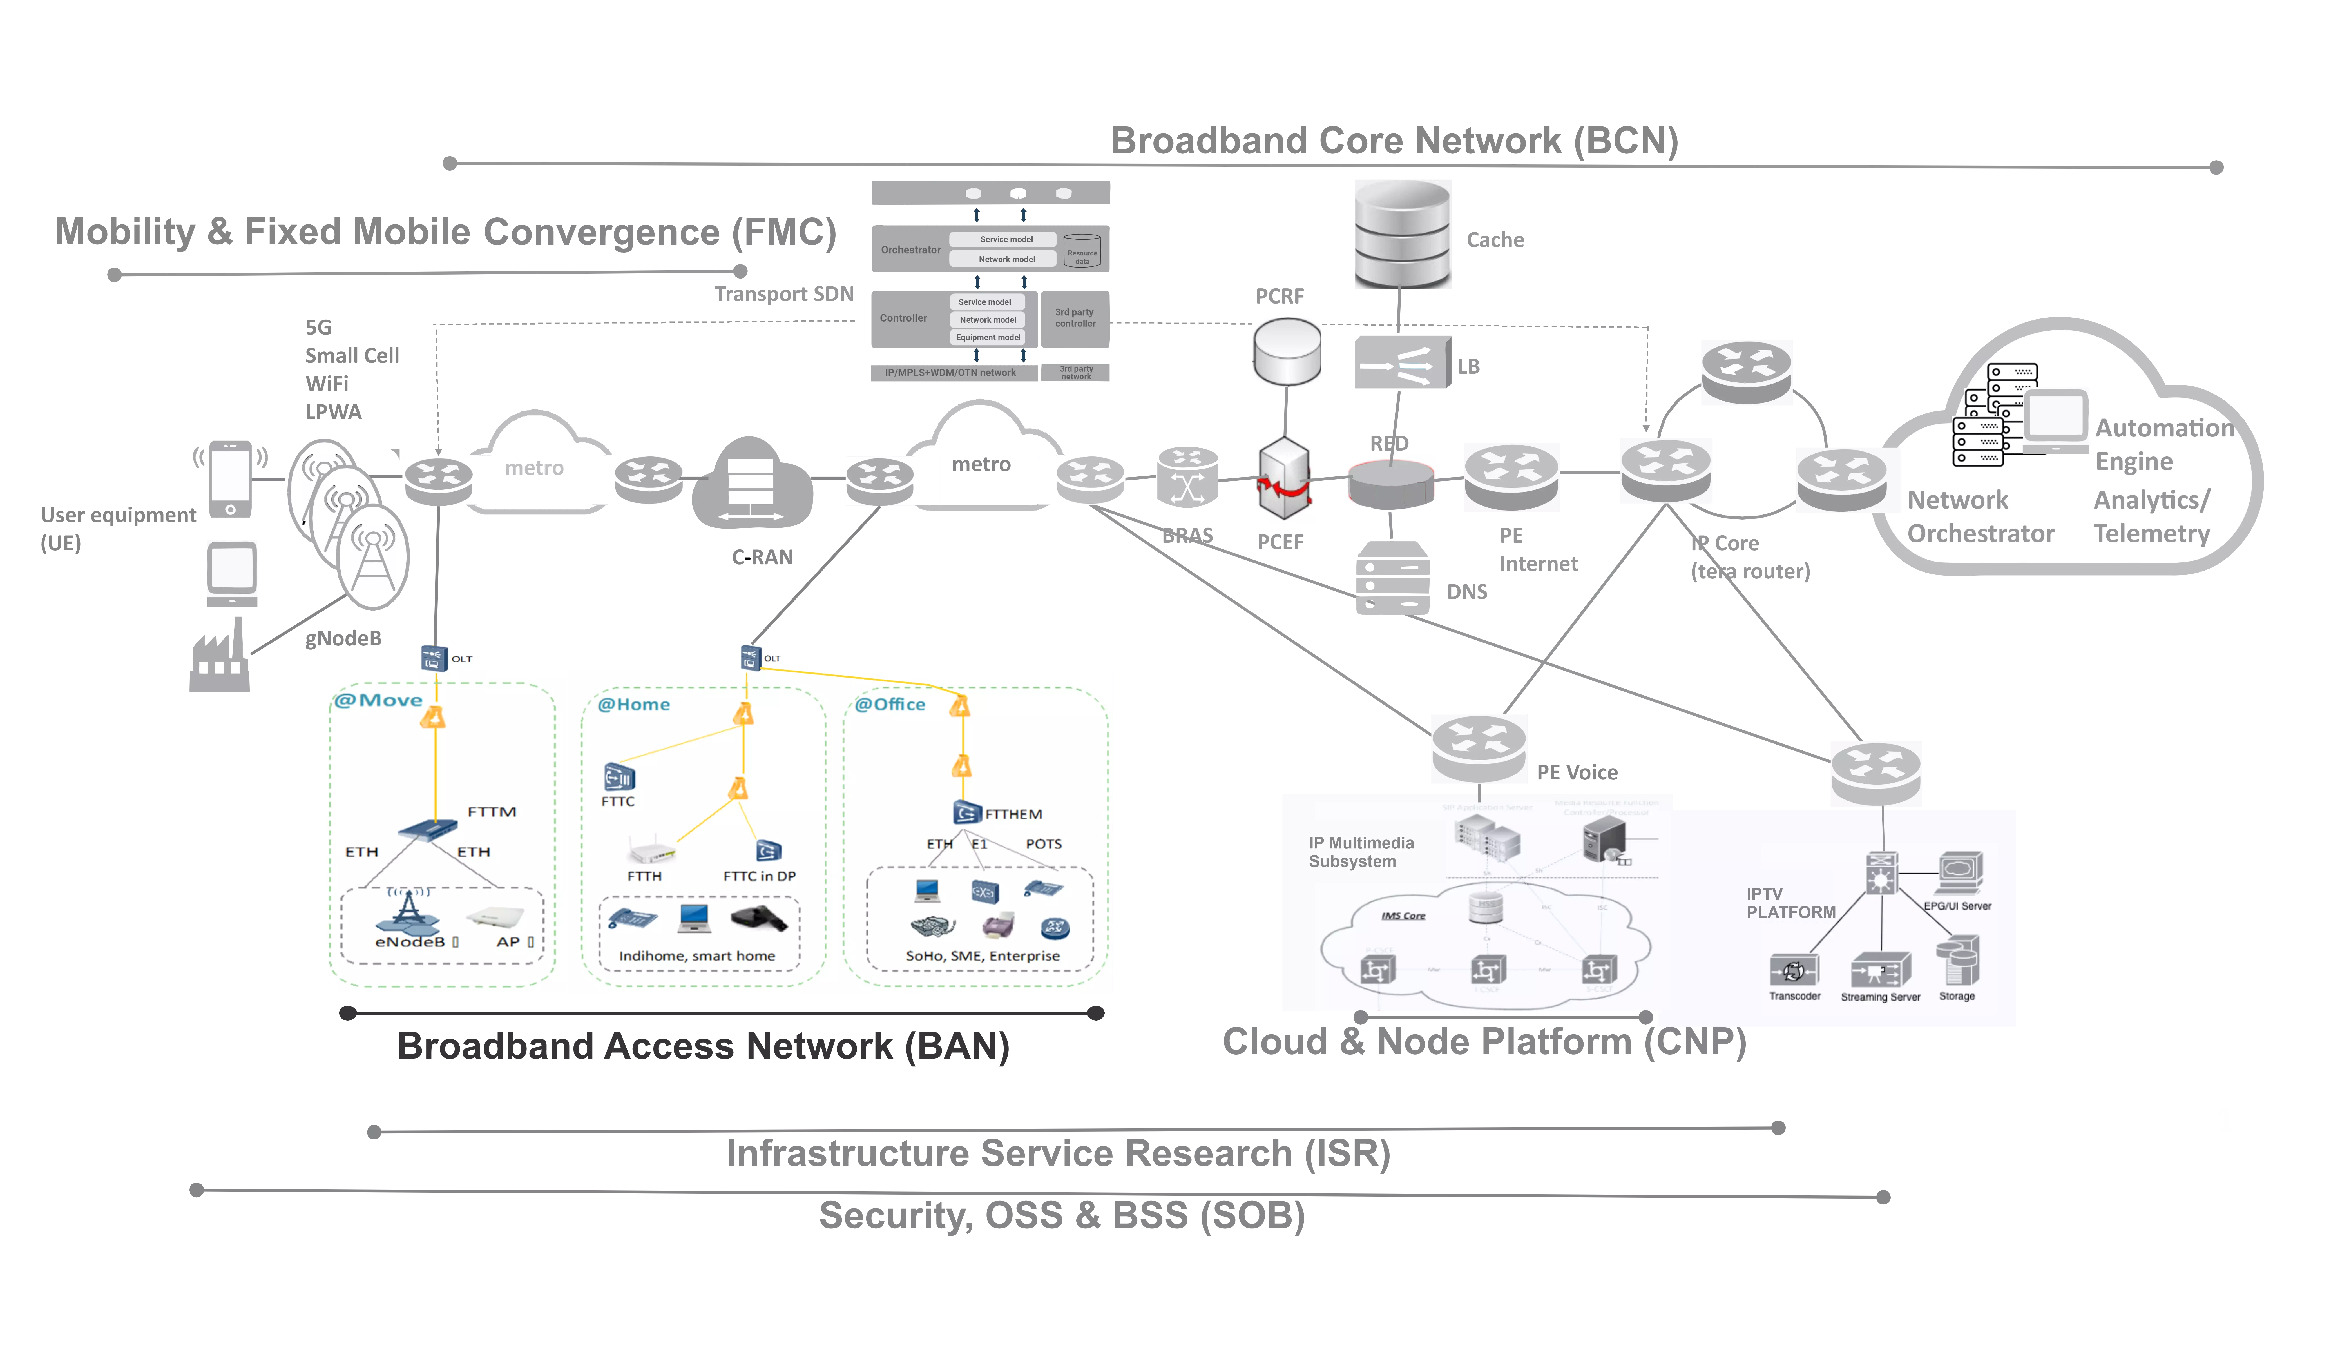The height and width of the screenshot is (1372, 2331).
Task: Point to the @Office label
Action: tap(890, 704)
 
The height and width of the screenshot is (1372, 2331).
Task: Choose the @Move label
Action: tap(378, 700)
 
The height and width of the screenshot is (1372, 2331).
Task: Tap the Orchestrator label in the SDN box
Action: tap(910, 250)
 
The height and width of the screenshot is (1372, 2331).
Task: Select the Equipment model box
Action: tap(988, 338)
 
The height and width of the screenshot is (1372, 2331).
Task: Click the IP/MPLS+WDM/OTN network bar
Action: tap(950, 373)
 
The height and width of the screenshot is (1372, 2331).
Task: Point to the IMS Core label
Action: tap(1403, 916)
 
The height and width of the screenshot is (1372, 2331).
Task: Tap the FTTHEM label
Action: tap(1013, 814)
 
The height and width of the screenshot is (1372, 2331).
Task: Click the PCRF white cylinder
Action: tap(1287, 351)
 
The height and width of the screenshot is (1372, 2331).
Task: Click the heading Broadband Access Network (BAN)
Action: tap(703, 1045)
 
